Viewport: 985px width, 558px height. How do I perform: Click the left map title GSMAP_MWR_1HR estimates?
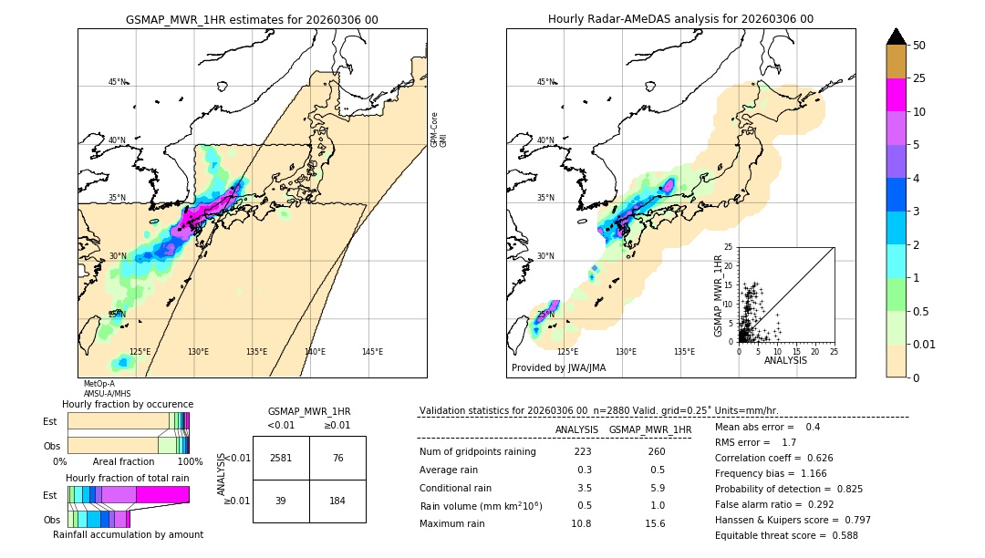point(252,19)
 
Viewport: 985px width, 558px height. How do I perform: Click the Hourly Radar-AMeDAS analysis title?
point(680,19)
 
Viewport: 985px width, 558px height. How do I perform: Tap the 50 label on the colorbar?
point(919,46)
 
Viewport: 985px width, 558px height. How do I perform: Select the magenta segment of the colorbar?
point(896,95)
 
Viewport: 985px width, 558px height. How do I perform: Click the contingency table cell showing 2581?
point(281,458)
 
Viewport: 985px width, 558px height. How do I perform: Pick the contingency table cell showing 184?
point(337,501)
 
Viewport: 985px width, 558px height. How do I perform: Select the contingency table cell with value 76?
point(337,458)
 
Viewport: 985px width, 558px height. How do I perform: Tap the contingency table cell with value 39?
point(281,501)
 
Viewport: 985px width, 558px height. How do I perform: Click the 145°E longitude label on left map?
point(372,352)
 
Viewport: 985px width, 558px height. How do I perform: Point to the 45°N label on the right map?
point(545,82)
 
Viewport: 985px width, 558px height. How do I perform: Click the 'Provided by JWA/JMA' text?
point(558,367)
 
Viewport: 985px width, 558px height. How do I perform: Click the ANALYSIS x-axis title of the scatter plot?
point(784,360)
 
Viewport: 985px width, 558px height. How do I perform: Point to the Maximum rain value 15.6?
point(655,523)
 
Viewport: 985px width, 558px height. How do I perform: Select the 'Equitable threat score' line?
point(787,535)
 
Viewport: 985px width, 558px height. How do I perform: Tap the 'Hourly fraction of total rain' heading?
point(127,478)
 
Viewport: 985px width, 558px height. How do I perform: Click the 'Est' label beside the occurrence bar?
point(50,421)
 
